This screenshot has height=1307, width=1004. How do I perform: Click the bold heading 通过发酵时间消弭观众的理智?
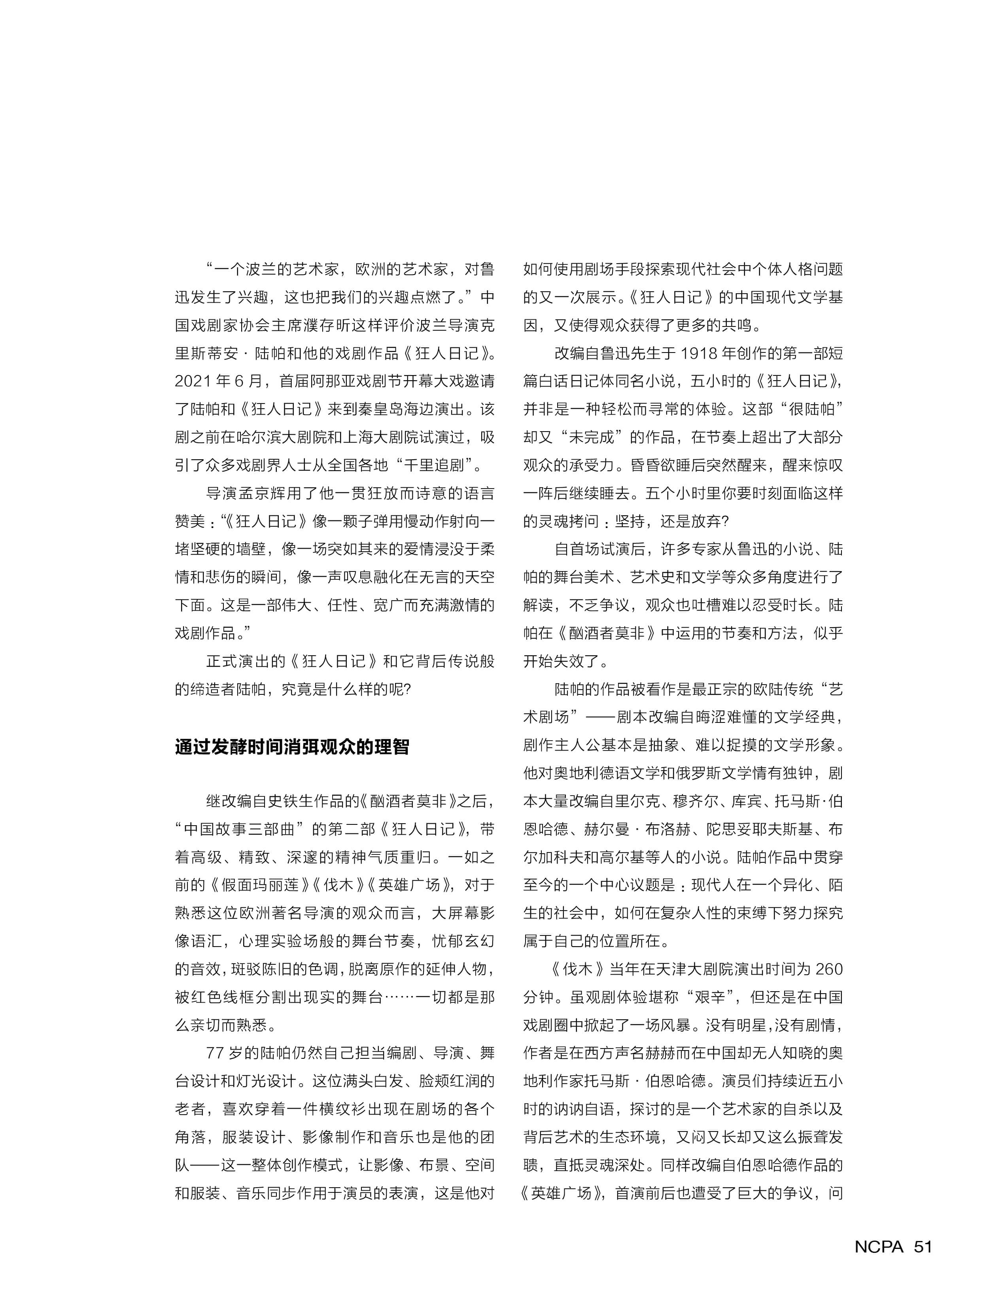pos(292,747)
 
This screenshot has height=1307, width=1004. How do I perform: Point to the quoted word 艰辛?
pos(709,996)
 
